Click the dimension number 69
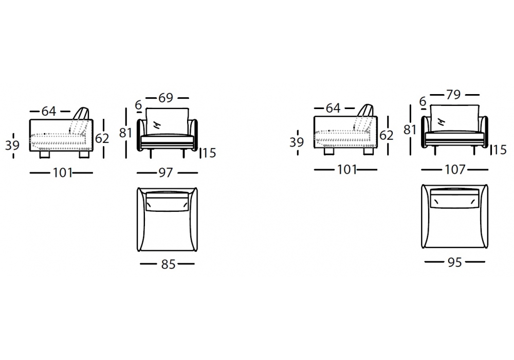[166, 98]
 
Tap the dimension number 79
[453, 95]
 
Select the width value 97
[166, 173]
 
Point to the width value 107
[455, 170]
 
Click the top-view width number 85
[168, 264]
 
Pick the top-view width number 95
[455, 262]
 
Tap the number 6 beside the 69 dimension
[138, 105]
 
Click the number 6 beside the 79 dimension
[423, 102]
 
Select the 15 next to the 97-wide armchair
[209, 153]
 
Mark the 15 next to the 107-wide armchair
[500, 150]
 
